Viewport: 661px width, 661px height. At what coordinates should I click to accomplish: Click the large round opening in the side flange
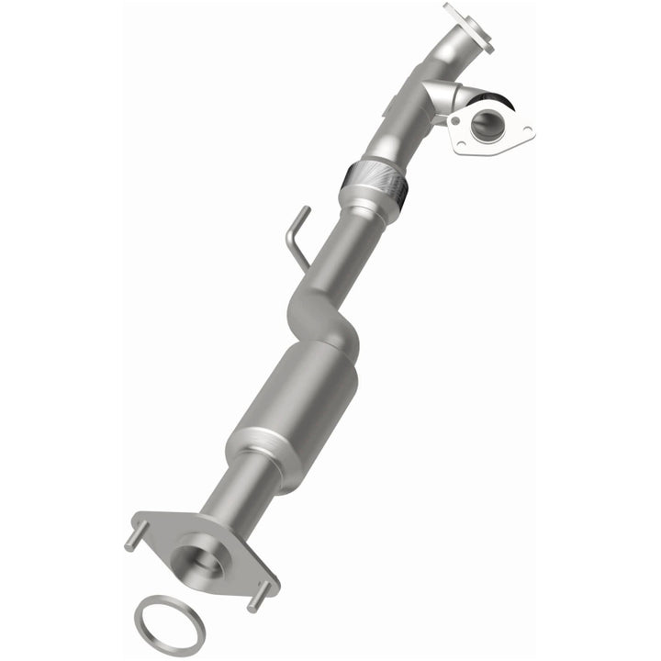[x=484, y=124]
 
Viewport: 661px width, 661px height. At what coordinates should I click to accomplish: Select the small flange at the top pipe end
[x=466, y=25]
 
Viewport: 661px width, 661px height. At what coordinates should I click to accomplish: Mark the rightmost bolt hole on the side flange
[x=524, y=133]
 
